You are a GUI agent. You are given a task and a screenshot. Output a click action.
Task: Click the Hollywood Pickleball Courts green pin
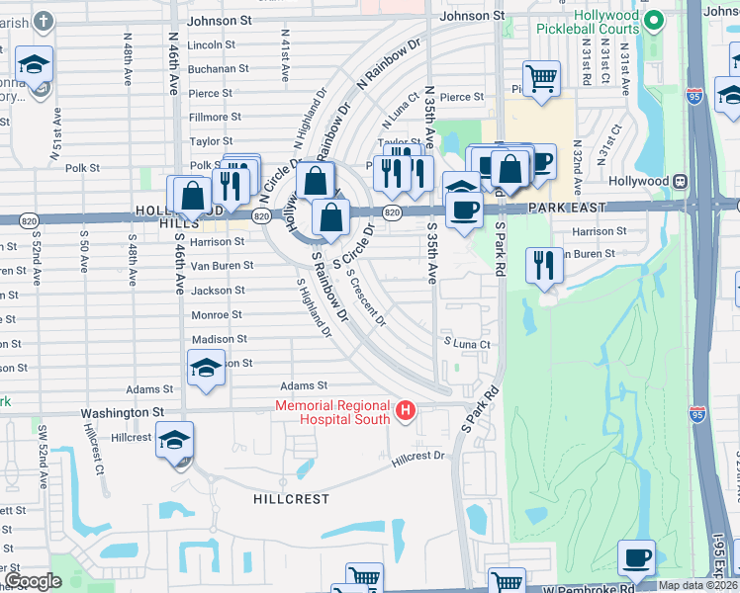point(652,20)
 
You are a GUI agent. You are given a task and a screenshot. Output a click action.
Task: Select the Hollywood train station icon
point(680,182)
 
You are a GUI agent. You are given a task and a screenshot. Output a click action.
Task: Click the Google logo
point(33,581)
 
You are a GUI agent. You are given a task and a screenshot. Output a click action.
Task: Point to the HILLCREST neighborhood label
point(290,499)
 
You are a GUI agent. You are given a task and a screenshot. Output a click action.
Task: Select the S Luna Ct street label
point(467,343)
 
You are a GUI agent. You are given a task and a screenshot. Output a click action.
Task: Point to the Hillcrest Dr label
point(417,457)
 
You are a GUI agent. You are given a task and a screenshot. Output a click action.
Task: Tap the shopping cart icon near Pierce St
point(541,78)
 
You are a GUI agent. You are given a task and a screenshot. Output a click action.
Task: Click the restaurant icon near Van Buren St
point(544,265)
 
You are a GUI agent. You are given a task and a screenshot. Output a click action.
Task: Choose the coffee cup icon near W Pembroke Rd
point(637,557)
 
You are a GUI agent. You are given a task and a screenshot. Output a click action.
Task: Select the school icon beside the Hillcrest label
point(174,441)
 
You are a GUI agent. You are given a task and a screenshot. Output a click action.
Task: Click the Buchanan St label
point(218,69)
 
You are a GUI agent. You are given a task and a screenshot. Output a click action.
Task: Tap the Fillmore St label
point(217,117)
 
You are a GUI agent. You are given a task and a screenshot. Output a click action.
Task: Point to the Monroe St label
point(217,314)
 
